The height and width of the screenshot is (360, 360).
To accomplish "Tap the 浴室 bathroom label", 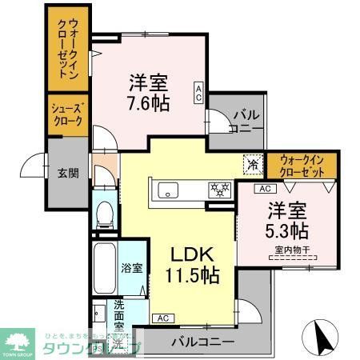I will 133,267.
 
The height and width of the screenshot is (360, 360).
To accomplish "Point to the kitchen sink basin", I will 168,190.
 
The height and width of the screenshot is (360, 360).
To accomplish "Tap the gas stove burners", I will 218,190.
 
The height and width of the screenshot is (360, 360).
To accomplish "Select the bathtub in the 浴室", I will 105,269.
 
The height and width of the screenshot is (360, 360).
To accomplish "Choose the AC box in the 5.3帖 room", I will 263,189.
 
